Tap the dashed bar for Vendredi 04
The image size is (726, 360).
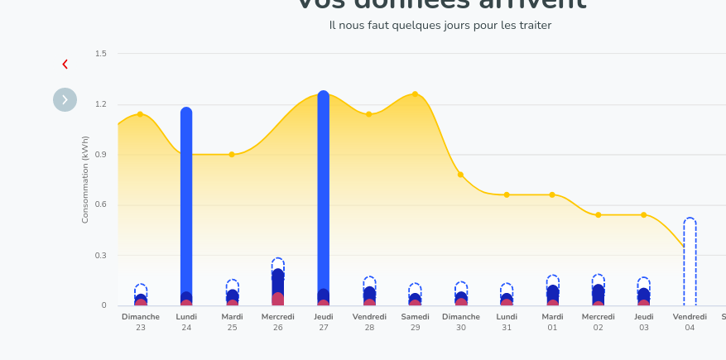click(x=690, y=261)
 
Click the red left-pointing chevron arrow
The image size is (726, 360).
click(x=65, y=65)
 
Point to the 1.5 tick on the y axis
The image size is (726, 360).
click(x=101, y=54)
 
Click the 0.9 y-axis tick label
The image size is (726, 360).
click(x=101, y=155)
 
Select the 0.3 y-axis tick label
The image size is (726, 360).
click(x=101, y=256)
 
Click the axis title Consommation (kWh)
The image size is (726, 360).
click(x=85, y=180)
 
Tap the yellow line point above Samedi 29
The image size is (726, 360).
click(x=415, y=94)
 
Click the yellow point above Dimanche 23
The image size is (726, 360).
click(x=140, y=113)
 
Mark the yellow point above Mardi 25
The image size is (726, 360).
click(x=232, y=155)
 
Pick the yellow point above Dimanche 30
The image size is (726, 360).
click(x=460, y=175)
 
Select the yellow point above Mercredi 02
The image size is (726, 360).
click(x=598, y=215)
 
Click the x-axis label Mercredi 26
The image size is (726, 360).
click(x=277, y=322)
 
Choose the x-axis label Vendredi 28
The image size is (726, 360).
click(x=369, y=322)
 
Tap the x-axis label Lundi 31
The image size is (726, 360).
click(x=507, y=322)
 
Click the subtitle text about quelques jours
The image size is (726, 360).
click(x=440, y=26)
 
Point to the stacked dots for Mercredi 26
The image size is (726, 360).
click(x=278, y=286)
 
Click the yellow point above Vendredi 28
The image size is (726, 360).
click(x=369, y=114)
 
